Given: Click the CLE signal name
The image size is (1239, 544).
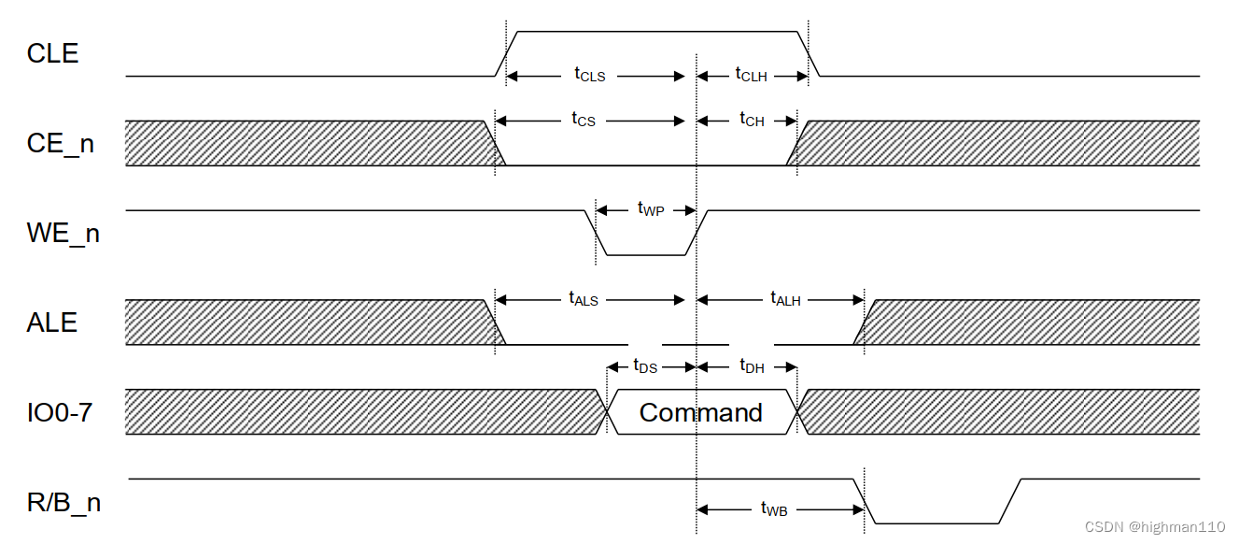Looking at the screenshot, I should coord(53,54).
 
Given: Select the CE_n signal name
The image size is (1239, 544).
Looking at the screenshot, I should coord(61,145).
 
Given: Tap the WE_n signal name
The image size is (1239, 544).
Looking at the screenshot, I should coord(63,233).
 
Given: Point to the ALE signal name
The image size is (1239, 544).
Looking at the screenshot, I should coord(52,322).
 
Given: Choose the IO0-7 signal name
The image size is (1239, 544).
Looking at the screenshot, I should coord(60,411).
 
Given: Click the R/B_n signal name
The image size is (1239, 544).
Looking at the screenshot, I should coord(63,503).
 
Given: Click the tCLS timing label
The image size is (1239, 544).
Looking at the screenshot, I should coord(590,75).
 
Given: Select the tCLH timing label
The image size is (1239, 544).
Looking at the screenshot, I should coord(752,75).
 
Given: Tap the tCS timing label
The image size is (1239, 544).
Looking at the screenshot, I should coord(584,120).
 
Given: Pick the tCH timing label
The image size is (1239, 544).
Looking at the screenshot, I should coord(752,120).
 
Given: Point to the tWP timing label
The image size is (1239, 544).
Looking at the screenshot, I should coord(651,209).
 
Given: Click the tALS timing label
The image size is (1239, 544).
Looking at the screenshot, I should coord(584,299).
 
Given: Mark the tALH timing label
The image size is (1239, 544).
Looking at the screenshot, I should coord(786,299).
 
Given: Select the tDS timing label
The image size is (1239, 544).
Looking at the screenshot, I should coord(645,366).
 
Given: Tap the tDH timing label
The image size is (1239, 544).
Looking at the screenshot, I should coord(752,366).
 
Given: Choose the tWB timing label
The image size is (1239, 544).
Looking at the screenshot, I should coord(774,509).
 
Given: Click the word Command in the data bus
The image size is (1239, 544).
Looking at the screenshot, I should coord(701,412).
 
